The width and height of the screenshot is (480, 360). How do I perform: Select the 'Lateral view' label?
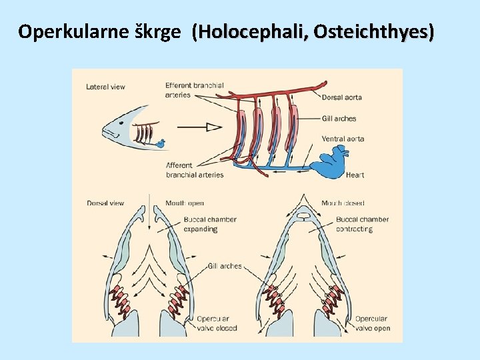click(x=105, y=87)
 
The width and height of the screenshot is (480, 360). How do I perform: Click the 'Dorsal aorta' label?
click(x=341, y=97)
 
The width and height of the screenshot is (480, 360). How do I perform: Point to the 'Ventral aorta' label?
click(x=343, y=139)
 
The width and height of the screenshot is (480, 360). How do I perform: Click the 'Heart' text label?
click(x=355, y=175)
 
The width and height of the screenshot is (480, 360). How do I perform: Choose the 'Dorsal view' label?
click(x=105, y=203)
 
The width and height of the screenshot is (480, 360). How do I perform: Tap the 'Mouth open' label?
click(x=185, y=203)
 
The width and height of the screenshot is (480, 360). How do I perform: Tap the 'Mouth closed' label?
click(x=343, y=203)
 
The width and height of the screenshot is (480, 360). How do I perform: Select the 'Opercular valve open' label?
click(x=371, y=323)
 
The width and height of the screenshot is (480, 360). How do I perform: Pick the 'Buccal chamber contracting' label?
click(x=362, y=224)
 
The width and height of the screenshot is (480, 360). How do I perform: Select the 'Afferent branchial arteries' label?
click(x=194, y=170)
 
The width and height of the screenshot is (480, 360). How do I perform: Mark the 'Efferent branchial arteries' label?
click(x=194, y=90)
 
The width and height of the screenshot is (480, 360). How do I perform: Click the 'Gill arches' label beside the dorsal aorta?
click(x=339, y=119)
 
